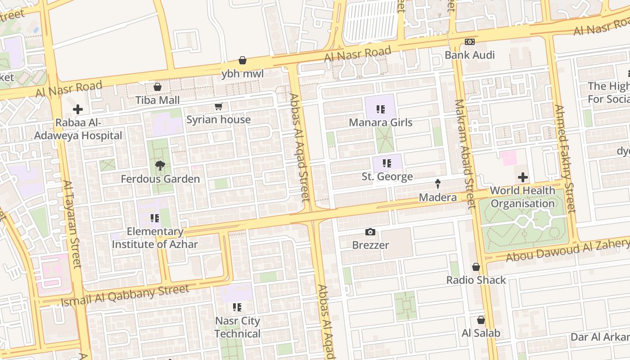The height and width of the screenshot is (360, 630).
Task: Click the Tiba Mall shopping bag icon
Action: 157,87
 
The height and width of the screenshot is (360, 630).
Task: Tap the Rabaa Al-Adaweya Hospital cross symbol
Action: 78,109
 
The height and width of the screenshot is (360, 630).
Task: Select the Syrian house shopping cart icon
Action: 218,107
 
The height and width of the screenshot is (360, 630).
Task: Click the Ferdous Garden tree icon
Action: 160,166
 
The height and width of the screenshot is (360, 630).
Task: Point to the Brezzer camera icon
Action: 370,232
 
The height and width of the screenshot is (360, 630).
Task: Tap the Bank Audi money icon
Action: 469,42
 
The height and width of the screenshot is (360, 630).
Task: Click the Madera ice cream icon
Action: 437,184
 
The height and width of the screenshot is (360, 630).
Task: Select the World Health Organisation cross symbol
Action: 522,177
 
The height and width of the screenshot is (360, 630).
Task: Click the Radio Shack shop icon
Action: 476,267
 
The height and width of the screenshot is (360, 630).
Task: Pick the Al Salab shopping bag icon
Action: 481,320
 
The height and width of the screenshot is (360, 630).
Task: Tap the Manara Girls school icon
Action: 381,109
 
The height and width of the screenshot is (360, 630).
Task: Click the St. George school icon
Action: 387,163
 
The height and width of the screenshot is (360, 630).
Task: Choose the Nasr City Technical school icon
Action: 237,308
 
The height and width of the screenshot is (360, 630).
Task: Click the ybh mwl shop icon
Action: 243,60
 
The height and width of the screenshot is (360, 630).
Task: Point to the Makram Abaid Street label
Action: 465,154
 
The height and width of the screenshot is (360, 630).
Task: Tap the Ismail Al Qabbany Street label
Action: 125,295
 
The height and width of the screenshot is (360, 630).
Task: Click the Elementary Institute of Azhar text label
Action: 155,238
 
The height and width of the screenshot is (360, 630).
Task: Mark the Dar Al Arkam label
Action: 600,337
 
